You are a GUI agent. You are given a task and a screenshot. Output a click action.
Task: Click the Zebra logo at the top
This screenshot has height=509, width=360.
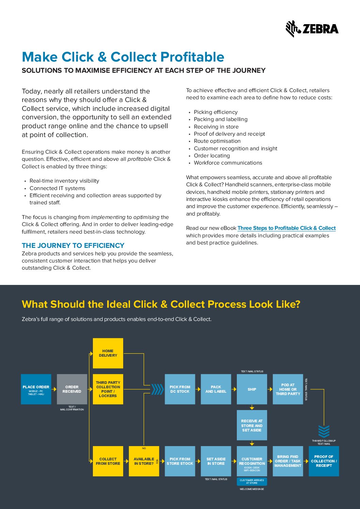click(312, 29)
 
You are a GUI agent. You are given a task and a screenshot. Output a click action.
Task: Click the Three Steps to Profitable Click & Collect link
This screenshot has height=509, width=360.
click(287, 228)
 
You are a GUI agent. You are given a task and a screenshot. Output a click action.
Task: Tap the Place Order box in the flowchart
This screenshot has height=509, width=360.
click(36, 389)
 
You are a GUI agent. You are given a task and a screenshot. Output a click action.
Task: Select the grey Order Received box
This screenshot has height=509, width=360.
click(72, 389)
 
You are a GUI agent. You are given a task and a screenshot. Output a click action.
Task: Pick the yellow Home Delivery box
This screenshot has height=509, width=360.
click(108, 353)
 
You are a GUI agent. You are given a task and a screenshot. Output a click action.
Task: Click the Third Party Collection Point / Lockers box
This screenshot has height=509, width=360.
click(108, 389)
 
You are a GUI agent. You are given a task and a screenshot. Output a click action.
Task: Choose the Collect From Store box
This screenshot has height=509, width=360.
click(108, 461)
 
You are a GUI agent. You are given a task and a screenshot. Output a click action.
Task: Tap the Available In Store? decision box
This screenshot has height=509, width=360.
click(144, 461)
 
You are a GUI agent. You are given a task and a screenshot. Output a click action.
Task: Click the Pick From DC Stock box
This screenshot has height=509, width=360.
click(180, 389)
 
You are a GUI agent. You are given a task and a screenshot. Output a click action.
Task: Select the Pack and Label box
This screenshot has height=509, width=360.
click(216, 389)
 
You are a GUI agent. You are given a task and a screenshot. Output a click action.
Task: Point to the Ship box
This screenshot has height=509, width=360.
click(252, 389)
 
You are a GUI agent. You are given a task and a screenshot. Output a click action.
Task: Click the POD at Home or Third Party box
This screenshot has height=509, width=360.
click(288, 389)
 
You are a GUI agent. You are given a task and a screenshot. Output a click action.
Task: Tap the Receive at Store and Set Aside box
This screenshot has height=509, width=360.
click(252, 425)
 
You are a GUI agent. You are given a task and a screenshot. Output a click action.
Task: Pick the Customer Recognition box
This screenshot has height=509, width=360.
click(252, 461)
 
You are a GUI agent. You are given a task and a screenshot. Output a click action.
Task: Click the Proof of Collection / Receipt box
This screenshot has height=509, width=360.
click(324, 461)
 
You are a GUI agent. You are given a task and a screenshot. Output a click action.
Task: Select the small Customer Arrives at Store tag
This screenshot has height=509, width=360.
click(252, 481)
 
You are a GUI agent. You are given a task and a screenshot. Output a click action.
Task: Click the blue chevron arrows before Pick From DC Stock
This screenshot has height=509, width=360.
click(157, 389)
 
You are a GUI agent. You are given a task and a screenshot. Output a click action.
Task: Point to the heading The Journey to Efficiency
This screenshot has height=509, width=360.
click(73, 245)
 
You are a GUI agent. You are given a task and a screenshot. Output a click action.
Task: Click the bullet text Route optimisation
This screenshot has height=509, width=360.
click(217, 141)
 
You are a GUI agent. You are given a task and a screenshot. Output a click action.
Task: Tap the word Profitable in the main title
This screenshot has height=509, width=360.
click(192, 57)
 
